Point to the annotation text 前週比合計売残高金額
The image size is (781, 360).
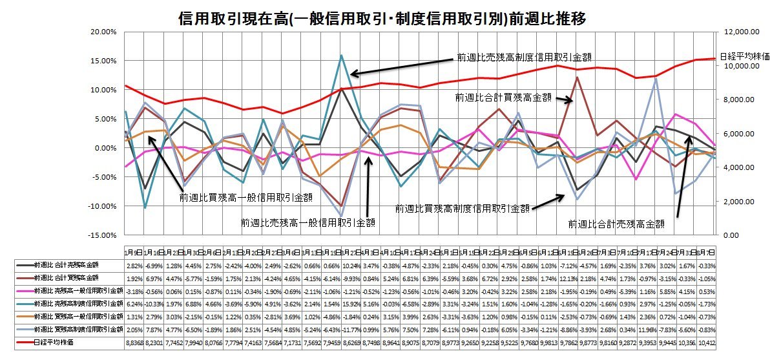[616, 224]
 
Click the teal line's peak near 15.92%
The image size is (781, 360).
[341, 56]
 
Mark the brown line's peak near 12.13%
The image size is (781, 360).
[577, 77]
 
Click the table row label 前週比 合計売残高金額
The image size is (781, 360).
[67, 266]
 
